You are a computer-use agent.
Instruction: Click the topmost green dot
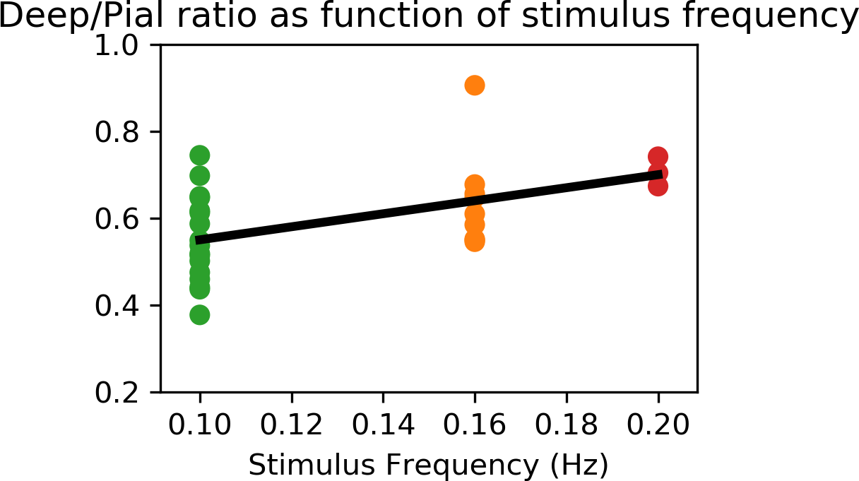[x=200, y=155]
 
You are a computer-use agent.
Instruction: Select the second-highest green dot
[x=200, y=176]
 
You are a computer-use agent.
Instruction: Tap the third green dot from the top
[x=200, y=197]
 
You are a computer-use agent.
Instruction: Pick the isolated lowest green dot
[x=200, y=315]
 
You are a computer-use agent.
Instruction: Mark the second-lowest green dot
[x=200, y=289]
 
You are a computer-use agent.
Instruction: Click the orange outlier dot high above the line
[x=475, y=85]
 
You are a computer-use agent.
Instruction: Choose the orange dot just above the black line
[x=475, y=184]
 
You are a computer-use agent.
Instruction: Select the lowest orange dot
[x=475, y=241]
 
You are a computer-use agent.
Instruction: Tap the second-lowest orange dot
[x=475, y=225]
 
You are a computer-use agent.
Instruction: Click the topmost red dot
[x=658, y=157]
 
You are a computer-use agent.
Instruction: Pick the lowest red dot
[x=658, y=186]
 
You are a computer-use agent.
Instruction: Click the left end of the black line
[x=197, y=240]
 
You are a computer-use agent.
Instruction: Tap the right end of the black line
[x=661, y=174]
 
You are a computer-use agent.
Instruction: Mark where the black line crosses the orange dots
[x=475, y=200]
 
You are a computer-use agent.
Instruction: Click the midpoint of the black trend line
[x=429, y=207]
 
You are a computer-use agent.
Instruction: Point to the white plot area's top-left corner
[x=162, y=47]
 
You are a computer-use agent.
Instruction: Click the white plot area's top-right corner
[x=696, y=47]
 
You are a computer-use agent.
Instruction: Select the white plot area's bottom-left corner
[x=162, y=391]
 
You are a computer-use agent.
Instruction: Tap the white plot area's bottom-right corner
[x=696, y=391]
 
